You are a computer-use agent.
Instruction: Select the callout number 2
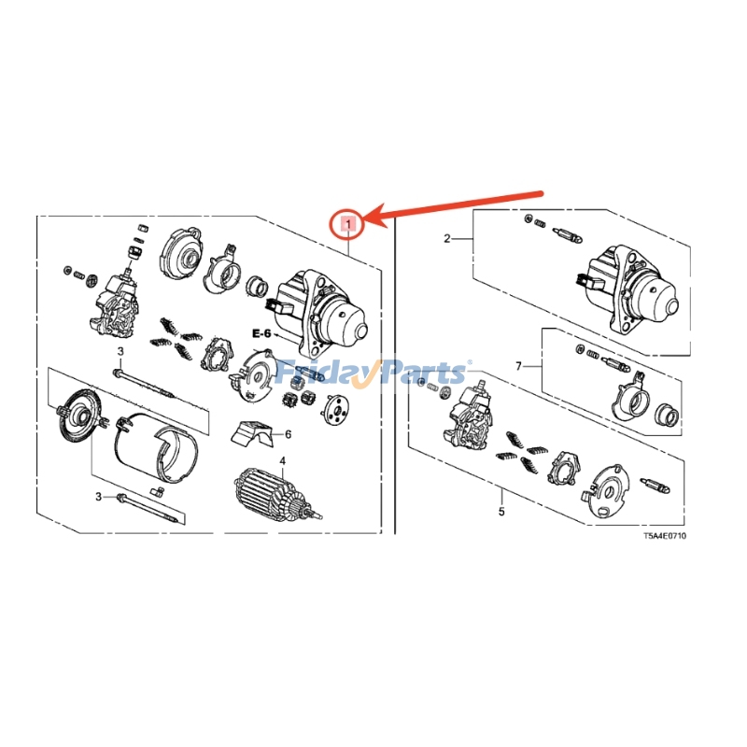click(x=446, y=239)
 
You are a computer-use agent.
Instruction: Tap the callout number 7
click(x=519, y=366)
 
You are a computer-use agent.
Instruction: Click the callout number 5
click(x=500, y=512)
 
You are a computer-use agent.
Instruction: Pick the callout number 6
click(x=288, y=434)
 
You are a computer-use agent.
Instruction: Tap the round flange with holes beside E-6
click(x=334, y=412)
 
